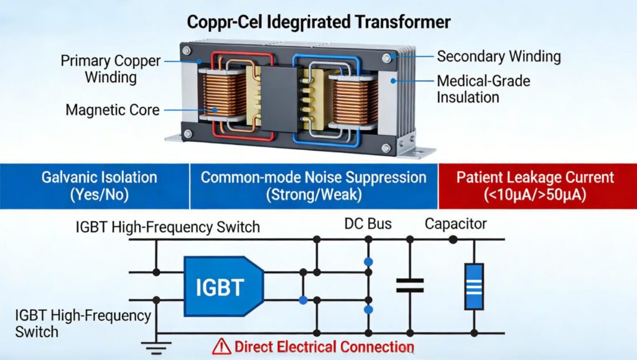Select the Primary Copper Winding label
click(x=111, y=69)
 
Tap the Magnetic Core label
click(x=112, y=110)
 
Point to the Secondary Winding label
click(x=498, y=57)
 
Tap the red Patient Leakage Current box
click(x=535, y=185)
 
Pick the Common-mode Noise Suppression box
click(x=314, y=185)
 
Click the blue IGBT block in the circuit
click(x=223, y=287)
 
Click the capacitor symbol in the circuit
click(x=410, y=285)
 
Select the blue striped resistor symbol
click(x=474, y=286)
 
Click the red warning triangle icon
click(x=221, y=346)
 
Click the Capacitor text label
click(x=456, y=224)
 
